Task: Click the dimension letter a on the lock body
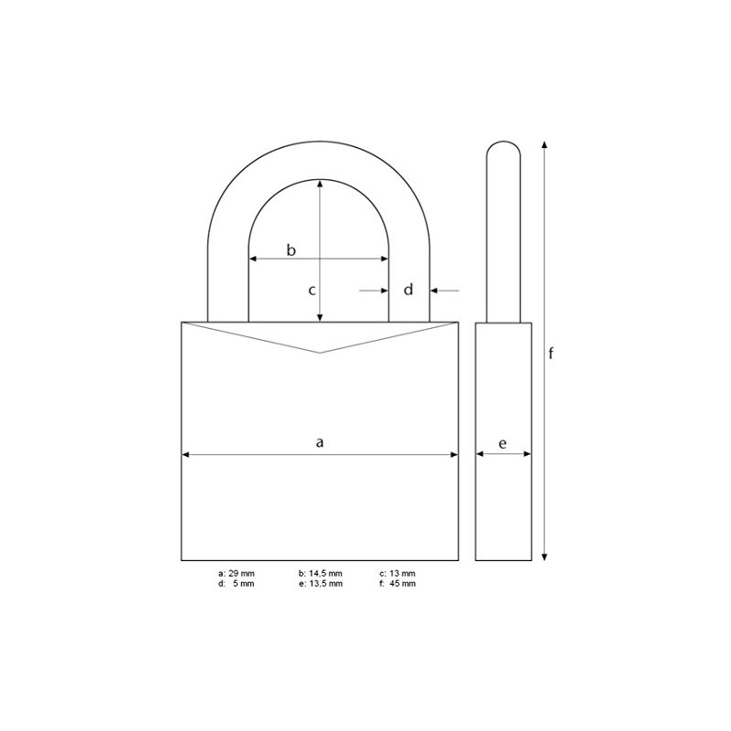(x=320, y=442)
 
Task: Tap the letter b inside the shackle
(x=291, y=249)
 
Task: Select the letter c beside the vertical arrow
(x=311, y=290)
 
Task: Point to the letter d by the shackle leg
(x=409, y=290)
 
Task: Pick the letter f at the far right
(x=551, y=353)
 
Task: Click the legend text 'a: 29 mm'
(x=237, y=574)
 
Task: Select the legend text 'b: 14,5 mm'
(x=320, y=574)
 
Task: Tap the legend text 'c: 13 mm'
(x=397, y=574)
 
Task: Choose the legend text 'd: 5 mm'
(x=237, y=584)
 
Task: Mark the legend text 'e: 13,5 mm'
(x=320, y=584)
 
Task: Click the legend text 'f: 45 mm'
(x=397, y=584)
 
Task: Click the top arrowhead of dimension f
(x=545, y=144)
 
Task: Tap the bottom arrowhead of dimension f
(x=545, y=556)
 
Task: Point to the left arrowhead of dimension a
(x=185, y=453)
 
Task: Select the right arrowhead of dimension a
(x=454, y=453)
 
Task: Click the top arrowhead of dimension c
(x=320, y=183)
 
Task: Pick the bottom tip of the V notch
(x=320, y=353)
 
